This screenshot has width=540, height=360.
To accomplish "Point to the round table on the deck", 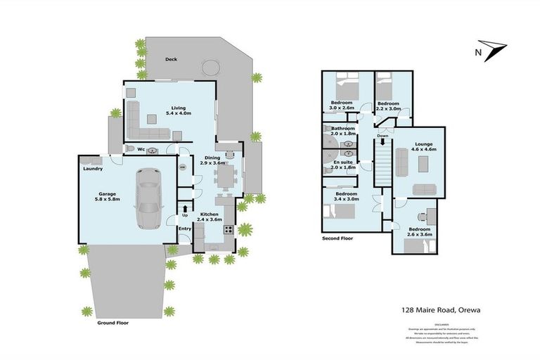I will pyautogui.click(x=210, y=68).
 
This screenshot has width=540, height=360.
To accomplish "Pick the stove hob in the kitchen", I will pyautogui.click(x=228, y=230).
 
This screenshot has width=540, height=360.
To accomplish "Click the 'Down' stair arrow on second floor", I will pyautogui.click(x=382, y=140).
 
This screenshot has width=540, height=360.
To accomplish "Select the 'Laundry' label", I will pyautogui.click(x=93, y=169).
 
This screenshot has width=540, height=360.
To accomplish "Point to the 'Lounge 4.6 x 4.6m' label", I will pyautogui.click(x=424, y=147).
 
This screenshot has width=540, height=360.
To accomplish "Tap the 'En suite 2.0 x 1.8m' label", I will pyautogui.click(x=342, y=165).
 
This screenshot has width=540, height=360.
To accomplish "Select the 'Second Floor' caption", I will pyautogui.click(x=337, y=239).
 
